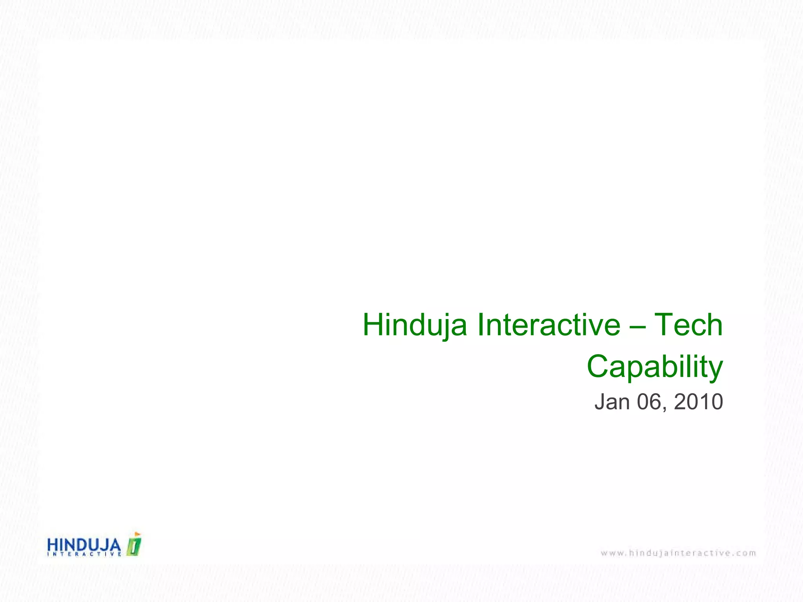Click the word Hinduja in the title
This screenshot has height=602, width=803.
pos(415,325)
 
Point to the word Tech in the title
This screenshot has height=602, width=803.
pos(689,325)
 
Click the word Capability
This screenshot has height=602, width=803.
pos(655,367)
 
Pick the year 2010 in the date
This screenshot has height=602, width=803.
pos(698,402)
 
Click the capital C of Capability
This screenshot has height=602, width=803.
pos(598,366)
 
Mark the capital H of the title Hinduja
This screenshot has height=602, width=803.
pos(373,325)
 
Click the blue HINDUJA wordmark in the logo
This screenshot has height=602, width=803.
pos(84,544)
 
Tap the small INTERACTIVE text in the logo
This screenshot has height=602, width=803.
pos(84,554)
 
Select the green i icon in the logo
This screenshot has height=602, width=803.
pos(134,546)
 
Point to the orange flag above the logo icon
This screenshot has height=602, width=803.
pos(137,534)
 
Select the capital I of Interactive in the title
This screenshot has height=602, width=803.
pos(481,325)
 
